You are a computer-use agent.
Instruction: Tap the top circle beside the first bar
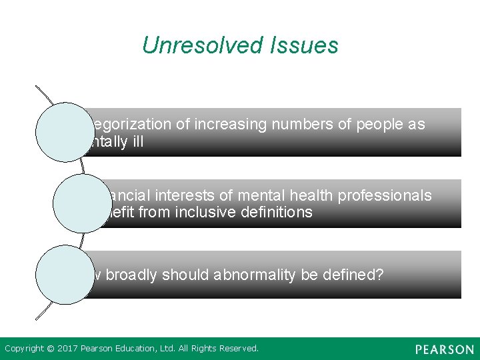click(65, 132)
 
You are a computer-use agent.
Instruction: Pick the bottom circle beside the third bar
click(65, 275)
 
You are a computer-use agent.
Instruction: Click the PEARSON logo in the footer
click(444, 349)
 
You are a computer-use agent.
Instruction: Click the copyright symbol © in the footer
click(49, 349)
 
